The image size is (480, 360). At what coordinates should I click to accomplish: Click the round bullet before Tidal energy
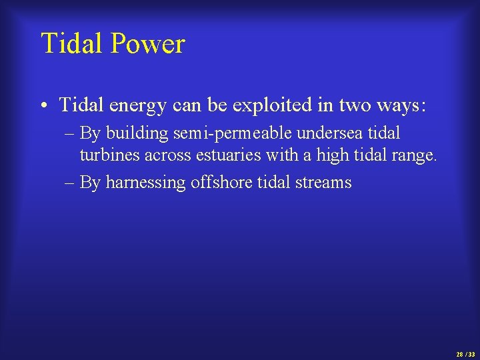click(43, 105)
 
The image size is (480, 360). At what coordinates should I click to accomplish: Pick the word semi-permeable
click(233, 134)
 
